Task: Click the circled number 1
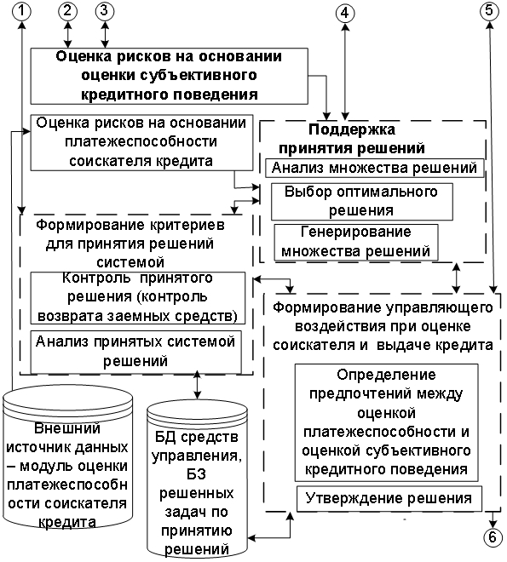coord(21,11)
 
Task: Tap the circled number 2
coord(67,11)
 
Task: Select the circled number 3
coord(104,11)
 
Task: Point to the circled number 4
coord(345,14)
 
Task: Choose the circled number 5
coord(489,11)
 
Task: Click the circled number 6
coord(493,537)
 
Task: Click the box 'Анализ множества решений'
coord(375,168)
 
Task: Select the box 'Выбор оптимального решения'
coord(362,202)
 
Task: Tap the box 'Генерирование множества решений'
coord(356,242)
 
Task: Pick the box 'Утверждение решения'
coord(389,498)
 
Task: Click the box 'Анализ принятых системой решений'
coord(135,352)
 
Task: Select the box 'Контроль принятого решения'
coord(138,298)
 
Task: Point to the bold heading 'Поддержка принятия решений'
coord(352,139)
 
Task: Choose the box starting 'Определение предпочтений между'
coord(387,422)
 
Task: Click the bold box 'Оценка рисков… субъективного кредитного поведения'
coord(169,76)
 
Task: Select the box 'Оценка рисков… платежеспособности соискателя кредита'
coord(141,142)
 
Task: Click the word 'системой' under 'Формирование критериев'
coord(130,262)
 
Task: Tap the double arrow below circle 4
coord(345,72)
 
